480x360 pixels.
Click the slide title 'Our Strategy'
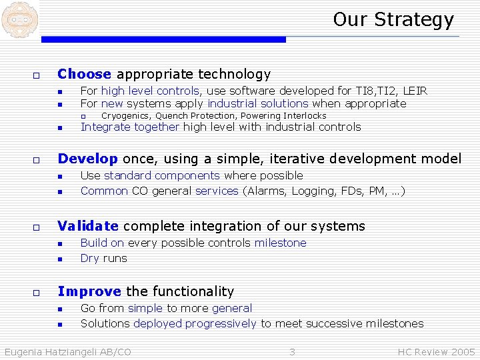[x=393, y=19]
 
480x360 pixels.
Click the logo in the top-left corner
[x=19, y=19]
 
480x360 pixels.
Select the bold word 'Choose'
[x=85, y=74]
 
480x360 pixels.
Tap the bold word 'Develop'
[x=88, y=159]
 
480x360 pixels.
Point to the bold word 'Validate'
[x=88, y=226]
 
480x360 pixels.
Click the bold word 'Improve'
[x=89, y=291]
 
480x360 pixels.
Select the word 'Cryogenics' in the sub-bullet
[x=125, y=116]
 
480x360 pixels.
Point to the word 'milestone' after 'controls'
[x=280, y=243]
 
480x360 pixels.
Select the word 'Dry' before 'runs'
[x=89, y=258]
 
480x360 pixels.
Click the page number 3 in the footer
[x=291, y=351]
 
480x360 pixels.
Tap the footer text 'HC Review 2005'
[x=436, y=351]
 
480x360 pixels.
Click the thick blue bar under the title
[x=163, y=40]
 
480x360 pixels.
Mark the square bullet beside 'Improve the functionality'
[x=37, y=292]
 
